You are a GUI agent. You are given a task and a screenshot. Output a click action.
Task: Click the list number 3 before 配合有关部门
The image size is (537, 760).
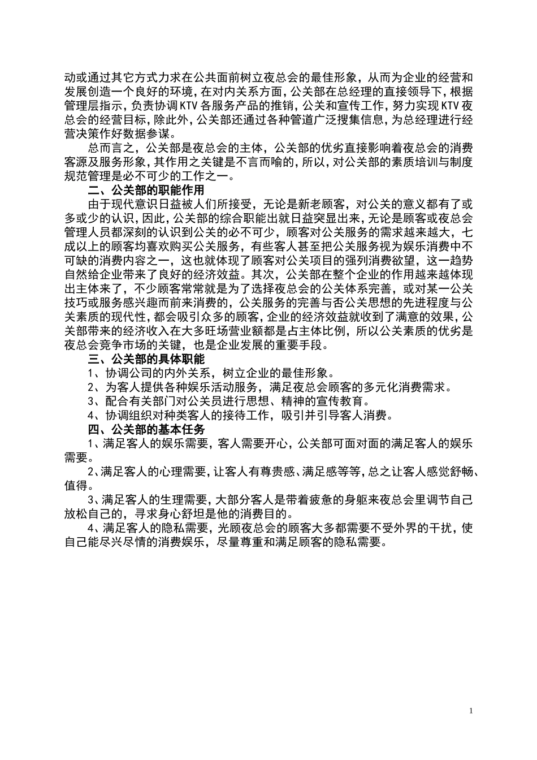[91, 401]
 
